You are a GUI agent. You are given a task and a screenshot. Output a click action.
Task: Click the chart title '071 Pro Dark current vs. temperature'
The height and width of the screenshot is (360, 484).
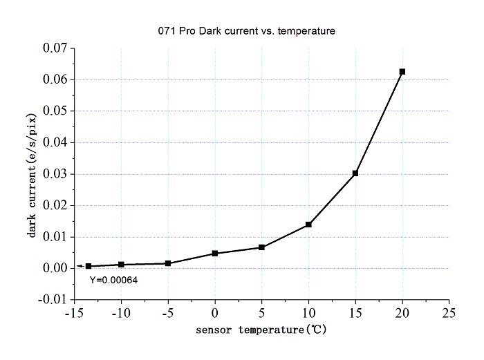(x=245, y=31)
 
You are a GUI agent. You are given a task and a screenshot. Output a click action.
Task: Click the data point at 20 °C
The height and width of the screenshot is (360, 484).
(x=402, y=71)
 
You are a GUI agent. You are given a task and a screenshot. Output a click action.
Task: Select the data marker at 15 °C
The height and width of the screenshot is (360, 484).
(x=355, y=173)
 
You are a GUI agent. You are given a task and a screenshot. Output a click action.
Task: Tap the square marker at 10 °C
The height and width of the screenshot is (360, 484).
(x=308, y=225)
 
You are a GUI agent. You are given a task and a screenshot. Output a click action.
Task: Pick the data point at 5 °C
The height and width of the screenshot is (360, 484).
(x=261, y=247)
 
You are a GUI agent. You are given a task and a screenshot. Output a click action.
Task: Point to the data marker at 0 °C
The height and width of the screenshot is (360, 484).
(x=215, y=253)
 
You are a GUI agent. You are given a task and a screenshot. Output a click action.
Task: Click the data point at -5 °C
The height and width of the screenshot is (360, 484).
(x=168, y=263)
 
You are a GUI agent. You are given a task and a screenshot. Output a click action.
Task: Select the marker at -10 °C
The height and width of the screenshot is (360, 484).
(x=122, y=264)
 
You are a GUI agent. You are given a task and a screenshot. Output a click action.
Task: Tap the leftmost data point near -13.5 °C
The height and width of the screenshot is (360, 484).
(x=89, y=266)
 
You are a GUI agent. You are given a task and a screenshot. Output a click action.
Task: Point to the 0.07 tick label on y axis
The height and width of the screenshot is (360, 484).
(x=55, y=48)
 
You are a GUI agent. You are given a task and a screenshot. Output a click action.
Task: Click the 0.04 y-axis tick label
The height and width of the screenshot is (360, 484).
(x=55, y=142)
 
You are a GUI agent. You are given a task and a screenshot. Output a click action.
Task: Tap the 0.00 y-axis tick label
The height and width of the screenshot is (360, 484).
(x=55, y=268)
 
